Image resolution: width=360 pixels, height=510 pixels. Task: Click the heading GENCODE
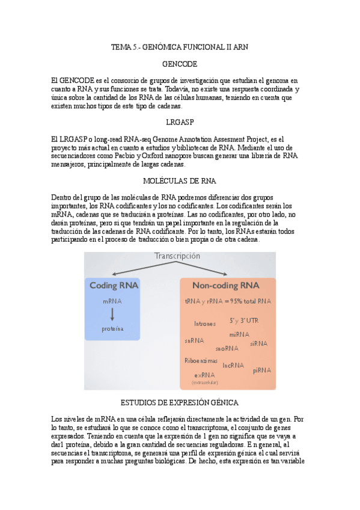(x=180, y=64)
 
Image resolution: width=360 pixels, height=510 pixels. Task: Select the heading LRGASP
(x=180, y=122)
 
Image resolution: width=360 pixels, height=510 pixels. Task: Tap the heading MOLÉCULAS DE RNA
(x=180, y=180)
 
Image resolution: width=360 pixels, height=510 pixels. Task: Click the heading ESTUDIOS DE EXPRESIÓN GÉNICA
(x=180, y=402)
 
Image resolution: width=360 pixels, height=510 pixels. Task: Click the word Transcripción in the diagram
(x=177, y=256)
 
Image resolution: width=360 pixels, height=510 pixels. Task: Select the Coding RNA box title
(x=112, y=285)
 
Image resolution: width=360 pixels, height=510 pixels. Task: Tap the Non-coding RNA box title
(x=225, y=285)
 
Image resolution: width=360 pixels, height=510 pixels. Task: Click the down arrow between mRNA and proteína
(x=112, y=313)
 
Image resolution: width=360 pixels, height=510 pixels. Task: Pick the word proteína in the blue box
(x=112, y=329)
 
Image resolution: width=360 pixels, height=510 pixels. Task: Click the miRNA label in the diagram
(x=239, y=334)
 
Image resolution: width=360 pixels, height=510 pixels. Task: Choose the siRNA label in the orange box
(x=258, y=343)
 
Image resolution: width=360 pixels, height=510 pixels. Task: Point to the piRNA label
(x=262, y=370)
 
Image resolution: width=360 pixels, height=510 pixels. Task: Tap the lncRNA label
(x=233, y=365)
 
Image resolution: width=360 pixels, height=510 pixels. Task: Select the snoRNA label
(x=227, y=348)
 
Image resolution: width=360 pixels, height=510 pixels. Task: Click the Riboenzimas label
(x=201, y=360)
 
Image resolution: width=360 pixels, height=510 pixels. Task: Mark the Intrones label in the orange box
(x=205, y=324)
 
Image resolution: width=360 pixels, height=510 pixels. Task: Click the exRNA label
(x=204, y=375)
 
